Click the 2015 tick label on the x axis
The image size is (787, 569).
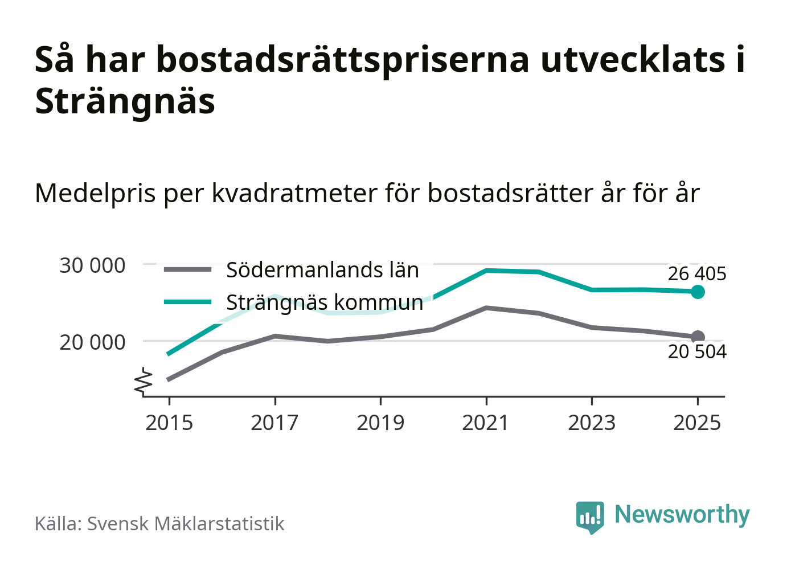pos(169,423)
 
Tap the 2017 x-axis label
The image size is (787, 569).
pos(274,423)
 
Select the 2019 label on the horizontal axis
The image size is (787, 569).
pos(380,423)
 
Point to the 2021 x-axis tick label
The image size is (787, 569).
pos(486,423)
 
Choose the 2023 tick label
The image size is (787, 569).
pos(592,423)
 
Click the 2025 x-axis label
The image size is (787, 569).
pos(697,423)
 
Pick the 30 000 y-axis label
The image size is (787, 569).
pos(92,265)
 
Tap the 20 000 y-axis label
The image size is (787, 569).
pos(92,342)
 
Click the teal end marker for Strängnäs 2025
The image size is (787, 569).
pos(698,292)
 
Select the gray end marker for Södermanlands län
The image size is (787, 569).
pos(698,337)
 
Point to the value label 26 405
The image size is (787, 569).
pos(697,274)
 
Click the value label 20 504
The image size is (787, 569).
pos(697,352)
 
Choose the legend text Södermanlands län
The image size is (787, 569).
pos(322,270)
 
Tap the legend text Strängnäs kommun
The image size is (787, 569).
pos(325,302)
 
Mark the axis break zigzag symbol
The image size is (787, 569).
pos(144,382)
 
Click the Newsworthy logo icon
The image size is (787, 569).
pos(589,517)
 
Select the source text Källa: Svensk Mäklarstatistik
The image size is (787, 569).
pos(159,523)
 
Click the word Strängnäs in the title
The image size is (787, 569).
pos(125,101)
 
